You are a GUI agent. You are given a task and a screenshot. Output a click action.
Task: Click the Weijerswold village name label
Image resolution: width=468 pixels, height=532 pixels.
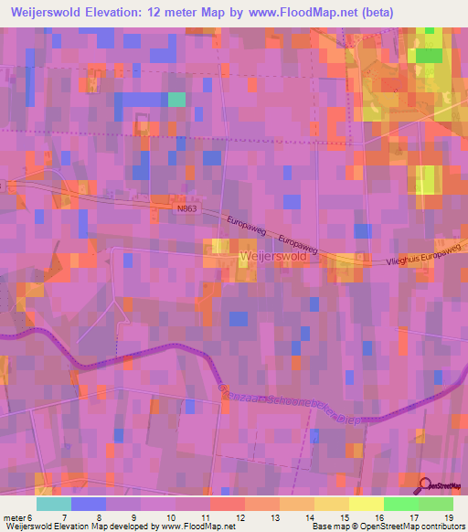pyautogui.click(x=271, y=258)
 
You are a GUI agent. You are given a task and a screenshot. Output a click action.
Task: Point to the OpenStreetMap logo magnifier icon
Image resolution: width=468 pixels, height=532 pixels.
pyautogui.click(x=426, y=485)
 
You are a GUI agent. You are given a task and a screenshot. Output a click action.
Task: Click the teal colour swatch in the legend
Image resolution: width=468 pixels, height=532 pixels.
pyautogui.click(x=54, y=503)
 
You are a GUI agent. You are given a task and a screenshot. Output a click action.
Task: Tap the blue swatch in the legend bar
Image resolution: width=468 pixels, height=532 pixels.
pyautogui.click(x=89, y=503)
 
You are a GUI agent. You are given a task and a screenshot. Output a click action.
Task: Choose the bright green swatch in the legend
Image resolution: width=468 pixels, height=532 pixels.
pyautogui.click(x=401, y=503)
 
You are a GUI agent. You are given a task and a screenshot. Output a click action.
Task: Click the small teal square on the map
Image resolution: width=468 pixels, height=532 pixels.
pyautogui.click(x=176, y=100)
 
